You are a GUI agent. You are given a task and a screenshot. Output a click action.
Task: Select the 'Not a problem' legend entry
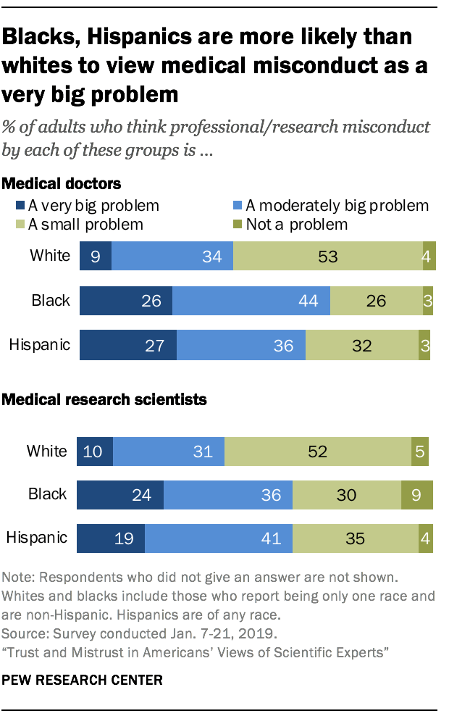(296, 224)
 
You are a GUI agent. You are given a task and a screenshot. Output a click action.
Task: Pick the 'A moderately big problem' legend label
(337, 206)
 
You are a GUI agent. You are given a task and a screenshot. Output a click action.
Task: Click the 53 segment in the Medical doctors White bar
(328, 257)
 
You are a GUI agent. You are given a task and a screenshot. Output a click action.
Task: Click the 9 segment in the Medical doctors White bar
(96, 257)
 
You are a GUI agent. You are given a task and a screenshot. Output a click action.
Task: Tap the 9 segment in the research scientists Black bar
(416, 494)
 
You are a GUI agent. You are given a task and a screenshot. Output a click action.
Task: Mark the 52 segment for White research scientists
(316, 451)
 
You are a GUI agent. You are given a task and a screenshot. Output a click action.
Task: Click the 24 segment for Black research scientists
(120, 494)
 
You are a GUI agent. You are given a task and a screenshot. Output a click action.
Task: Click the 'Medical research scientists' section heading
(106, 399)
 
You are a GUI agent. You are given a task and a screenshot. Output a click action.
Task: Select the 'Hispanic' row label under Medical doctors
(39, 345)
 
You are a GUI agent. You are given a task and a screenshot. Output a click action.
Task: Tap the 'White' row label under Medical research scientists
(46, 451)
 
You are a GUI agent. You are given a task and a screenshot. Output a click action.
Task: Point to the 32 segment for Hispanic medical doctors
(361, 345)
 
